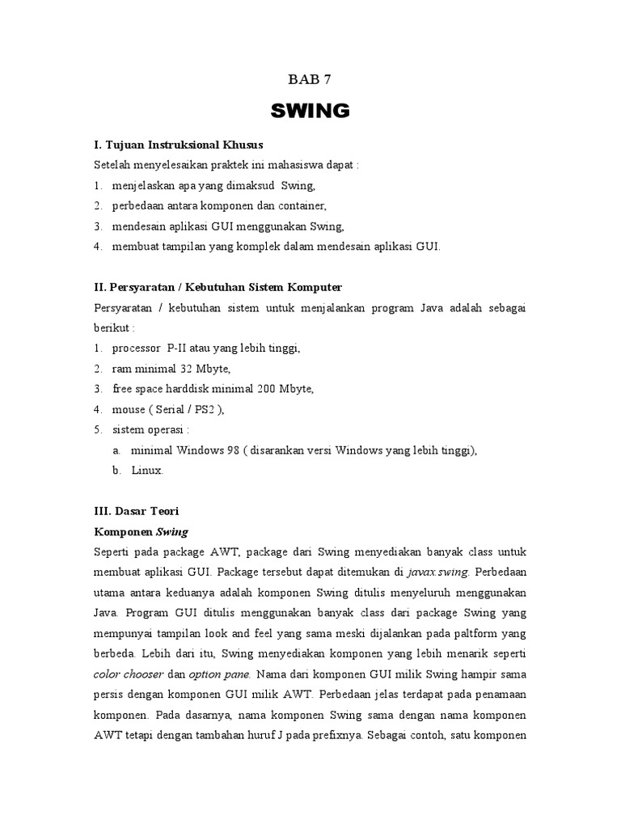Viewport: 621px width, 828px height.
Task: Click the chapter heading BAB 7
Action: click(x=310, y=79)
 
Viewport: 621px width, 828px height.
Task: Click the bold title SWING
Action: click(x=310, y=110)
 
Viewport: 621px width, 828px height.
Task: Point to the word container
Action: click(x=301, y=206)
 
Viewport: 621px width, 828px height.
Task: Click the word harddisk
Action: click(x=192, y=389)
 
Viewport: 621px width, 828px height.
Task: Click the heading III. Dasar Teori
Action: click(x=137, y=511)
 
